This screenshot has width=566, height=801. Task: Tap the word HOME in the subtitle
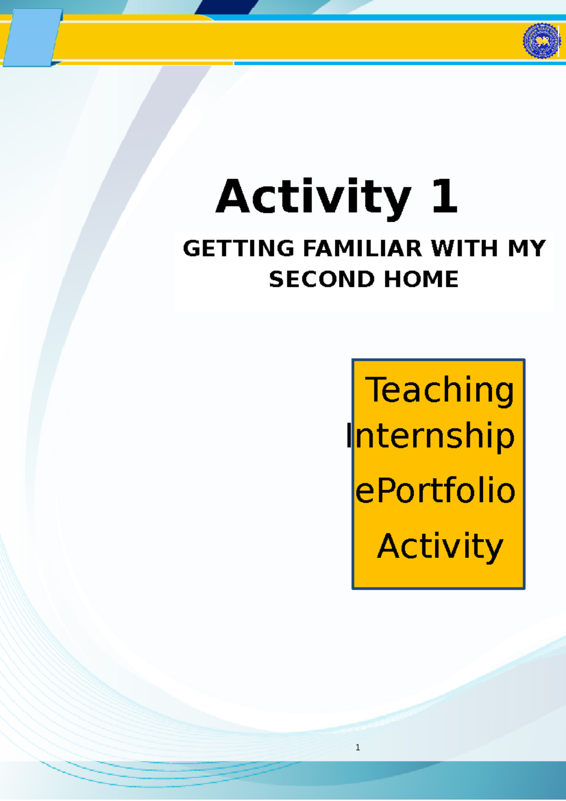click(x=421, y=279)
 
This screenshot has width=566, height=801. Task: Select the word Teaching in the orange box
click(x=440, y=391)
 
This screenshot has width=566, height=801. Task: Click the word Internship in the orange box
click(x=430, y=436)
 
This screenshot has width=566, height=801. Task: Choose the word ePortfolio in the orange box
click(x=435, y=491)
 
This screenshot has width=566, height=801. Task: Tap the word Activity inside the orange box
click(x=440, y=546)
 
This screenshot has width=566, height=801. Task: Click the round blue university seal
click(x=541, y=41)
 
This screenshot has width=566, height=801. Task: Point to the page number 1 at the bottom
click(x=358, y=747)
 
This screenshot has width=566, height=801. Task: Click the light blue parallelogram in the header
click(x=32, y=38)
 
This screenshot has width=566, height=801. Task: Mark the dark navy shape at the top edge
click(x=226, y=7)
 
